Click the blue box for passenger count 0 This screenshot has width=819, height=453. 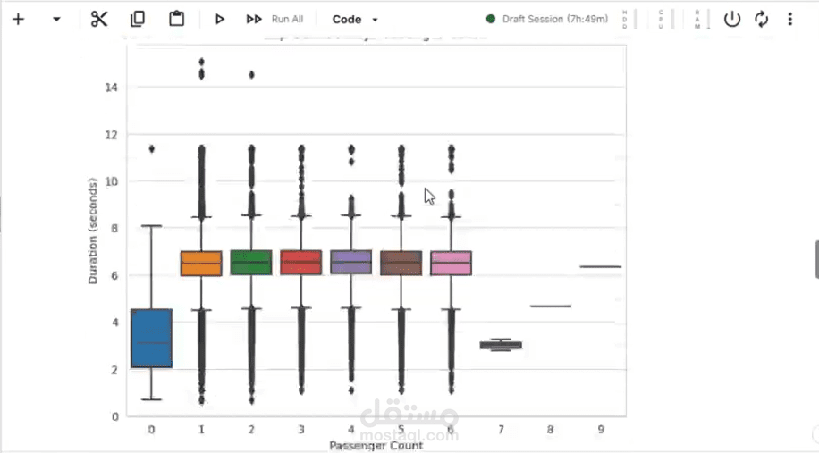pyautogui.click(x=151, y=338)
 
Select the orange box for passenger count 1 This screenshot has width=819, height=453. pyautogui.click(x=201, y=264)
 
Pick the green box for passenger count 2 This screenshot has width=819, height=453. pyautogui.click(x=251, y=263)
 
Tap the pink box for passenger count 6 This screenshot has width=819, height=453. pyautogui.click(x=451, y=264)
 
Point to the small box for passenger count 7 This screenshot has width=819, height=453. pyautogui.click(x=501, y=345)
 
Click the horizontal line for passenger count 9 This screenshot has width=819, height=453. pyautogui.click(x=600, y=266)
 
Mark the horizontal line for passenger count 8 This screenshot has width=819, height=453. pyautogui.click(x=550, y=306)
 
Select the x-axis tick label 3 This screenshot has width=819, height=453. pyautogui.click(x=301, y=430)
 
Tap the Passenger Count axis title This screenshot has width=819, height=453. pyautogui.click(x=376, y=445)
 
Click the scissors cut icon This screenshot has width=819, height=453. pyautogui.click(x=98, y=19)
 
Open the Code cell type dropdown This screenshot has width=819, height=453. pyautogui.click(x=355, y=19)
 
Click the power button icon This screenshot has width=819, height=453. pyautogui.click(x=732, y=19)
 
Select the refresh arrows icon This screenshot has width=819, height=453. pyautogui.click(x=761, y=19)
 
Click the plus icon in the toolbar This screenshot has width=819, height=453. pyautogui.click(x=18, y=19)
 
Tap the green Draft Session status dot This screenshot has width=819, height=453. pyautogui.click(x=491, y=19)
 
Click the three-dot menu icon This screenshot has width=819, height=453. pyautogui.click(x=789, y=19)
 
